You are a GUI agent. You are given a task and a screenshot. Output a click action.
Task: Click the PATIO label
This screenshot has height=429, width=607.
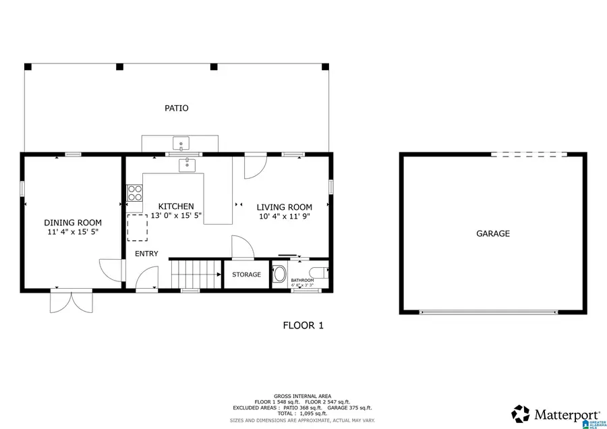pyautogui.click(x=177, y=108)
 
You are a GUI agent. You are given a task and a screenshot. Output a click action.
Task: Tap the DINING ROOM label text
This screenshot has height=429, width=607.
pyautogui.click(x=73, y=223)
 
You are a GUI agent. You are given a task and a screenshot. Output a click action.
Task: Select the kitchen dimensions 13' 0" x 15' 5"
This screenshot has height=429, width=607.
pyautogui.click(x=176, y=216)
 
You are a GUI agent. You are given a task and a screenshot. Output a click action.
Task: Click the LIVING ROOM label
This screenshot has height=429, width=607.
pyautogui.click(x=284, y=207)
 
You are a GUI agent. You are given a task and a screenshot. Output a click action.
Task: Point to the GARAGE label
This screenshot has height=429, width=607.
pyautogui.click(x=493, y=233)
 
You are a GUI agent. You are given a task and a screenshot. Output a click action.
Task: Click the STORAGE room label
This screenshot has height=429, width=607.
pyautogui.click(x=246, y=275)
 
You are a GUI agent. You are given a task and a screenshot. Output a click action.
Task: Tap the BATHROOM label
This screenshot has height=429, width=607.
pyautogui.click(x=302, y=280)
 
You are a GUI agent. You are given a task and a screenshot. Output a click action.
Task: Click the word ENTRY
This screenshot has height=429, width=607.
pyautogui.click(x=146, y=254)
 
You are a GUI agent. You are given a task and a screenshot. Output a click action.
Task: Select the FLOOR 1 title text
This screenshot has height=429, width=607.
pyautogui.click(x=303, y=325)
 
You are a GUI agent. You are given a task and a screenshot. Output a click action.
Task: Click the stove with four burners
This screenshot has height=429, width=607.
pyautogui.click(x=135, y=193)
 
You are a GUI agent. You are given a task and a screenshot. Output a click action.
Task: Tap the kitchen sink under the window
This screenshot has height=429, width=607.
pyautogui.click(x=186, y=164)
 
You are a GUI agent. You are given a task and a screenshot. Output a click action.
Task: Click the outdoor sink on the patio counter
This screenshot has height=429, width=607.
pyautogui.click(x=181, y=143)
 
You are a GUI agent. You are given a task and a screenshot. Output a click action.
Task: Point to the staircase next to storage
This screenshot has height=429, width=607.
pyautogui.click(x=196, y=275)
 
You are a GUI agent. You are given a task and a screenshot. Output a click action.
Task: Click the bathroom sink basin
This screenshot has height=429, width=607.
pyautogui.click(x=279, y=275)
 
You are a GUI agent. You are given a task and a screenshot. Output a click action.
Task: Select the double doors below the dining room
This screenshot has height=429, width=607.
pyautogui.click(x=71, y=301)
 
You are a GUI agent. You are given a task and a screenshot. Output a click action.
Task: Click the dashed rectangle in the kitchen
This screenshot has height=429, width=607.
pyautogui.click(x=137, y=228)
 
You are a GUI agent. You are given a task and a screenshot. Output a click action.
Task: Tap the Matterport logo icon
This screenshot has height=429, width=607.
pyautogui.click(x=520, y=413)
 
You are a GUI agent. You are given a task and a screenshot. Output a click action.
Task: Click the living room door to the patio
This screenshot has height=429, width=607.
pyautogui.click(x=256, y=166)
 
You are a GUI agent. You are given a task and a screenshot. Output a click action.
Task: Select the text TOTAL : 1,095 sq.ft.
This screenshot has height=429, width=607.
pyautogui.click(x=302, y=413)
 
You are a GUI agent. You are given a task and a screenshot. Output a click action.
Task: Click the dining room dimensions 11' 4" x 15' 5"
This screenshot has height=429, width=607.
pyautogui.click(x=73, y=232)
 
